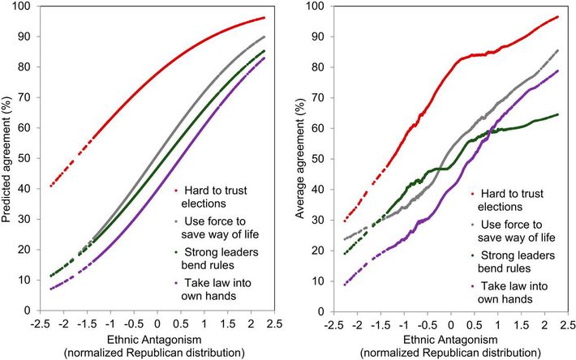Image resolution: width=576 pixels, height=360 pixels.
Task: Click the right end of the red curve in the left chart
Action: click(264, 18)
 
